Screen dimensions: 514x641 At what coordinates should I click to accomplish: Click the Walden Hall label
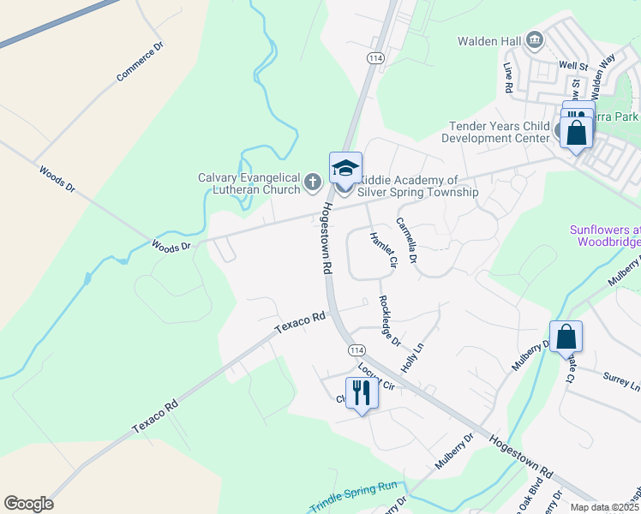[x=488, y=40]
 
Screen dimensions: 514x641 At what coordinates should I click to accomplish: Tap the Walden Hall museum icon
[x=535, y=39]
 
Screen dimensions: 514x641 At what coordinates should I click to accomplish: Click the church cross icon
[x=313, y=182]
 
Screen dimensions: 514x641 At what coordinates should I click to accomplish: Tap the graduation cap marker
[x=345, y=168]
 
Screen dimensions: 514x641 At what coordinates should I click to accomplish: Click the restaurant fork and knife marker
[x=362, y=392]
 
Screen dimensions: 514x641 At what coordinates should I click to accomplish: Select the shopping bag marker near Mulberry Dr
[x=566, y=336]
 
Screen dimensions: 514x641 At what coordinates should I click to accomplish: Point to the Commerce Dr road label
[x=138, y=66]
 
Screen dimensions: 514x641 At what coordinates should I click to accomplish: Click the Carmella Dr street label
[x=406, y=240]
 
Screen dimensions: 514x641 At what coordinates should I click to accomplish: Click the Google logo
[x=28, y=504]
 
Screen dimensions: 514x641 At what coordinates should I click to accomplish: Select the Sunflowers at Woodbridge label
[x=605, y=236]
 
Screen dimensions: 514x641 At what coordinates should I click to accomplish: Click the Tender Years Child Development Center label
[x=499, y=132]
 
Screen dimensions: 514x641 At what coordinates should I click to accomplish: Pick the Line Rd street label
[x=507, y=77]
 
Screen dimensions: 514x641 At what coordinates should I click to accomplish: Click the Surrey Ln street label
[x=621, y=377]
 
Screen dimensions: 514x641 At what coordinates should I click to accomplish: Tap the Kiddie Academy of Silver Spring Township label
[x=416, y=186]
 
